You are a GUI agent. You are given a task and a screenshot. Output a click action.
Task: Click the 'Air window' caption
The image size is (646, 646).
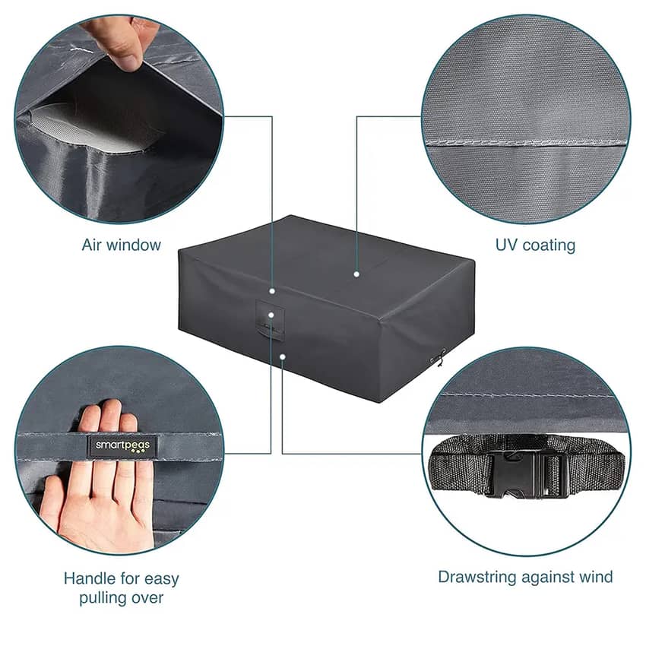pos(121,245)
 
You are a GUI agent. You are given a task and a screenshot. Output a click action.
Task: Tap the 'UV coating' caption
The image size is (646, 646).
pos(535,245)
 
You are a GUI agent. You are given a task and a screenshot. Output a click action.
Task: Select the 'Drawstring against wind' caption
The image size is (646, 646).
pos(525,577)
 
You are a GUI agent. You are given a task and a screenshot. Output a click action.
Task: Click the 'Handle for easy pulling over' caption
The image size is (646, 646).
pos(121,588)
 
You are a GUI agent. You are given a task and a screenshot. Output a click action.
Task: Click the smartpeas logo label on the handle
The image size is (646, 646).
pos(122,446)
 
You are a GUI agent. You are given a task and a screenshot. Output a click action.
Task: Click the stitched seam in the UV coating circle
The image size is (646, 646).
pos(526,143)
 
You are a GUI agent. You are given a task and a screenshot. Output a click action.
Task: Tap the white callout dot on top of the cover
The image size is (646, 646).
pos(356,274)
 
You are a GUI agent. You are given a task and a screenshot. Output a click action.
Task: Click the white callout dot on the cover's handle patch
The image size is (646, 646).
pos(271,315)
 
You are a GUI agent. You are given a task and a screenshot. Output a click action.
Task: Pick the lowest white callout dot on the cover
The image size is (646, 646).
pos(282,356)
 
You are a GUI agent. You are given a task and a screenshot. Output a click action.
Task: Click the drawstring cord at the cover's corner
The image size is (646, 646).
pos(439,357)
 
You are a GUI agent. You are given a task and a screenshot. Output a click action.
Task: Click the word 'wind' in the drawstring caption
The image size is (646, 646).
pos(596,576)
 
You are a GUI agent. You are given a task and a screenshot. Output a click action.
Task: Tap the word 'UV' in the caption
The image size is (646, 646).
pos(505,245)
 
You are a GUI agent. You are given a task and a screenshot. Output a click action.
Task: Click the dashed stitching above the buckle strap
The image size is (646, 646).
pos(526,395)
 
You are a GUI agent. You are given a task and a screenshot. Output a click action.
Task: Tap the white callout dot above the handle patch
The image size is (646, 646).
pos(272,291)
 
